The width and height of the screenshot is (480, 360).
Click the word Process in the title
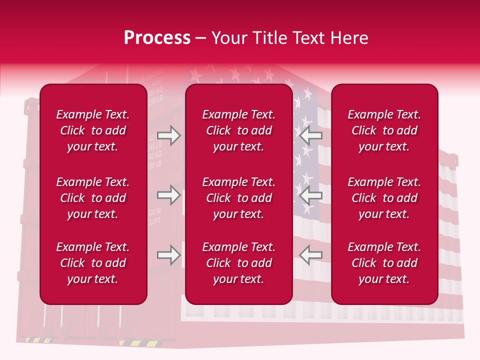click(157, 38)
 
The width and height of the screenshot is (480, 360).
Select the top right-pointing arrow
click(169, 135)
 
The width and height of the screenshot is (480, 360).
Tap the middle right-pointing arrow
click(169, 195)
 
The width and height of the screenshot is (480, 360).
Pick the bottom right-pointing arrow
click(169, 255)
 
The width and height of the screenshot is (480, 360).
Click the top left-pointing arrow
click(310, 135)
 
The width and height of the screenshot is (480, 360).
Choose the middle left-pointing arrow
click(310, 195)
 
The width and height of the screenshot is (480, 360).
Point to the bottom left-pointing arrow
click(310, 255)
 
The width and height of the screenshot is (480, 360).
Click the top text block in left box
click(93, 130)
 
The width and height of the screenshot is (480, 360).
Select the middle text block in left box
click(93, 198)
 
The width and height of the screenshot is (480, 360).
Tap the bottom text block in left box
click(93, 263)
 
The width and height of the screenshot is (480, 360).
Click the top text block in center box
click(239, 130)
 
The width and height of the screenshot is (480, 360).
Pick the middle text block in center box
click(239, 198)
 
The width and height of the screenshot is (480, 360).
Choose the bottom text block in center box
click(239, 263)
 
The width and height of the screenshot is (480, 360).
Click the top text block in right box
click(384, 130)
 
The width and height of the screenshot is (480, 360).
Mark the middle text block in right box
click(384, 198)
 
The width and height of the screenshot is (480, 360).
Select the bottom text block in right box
click(384, 263)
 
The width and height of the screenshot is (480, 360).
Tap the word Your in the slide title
click(228, 38)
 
